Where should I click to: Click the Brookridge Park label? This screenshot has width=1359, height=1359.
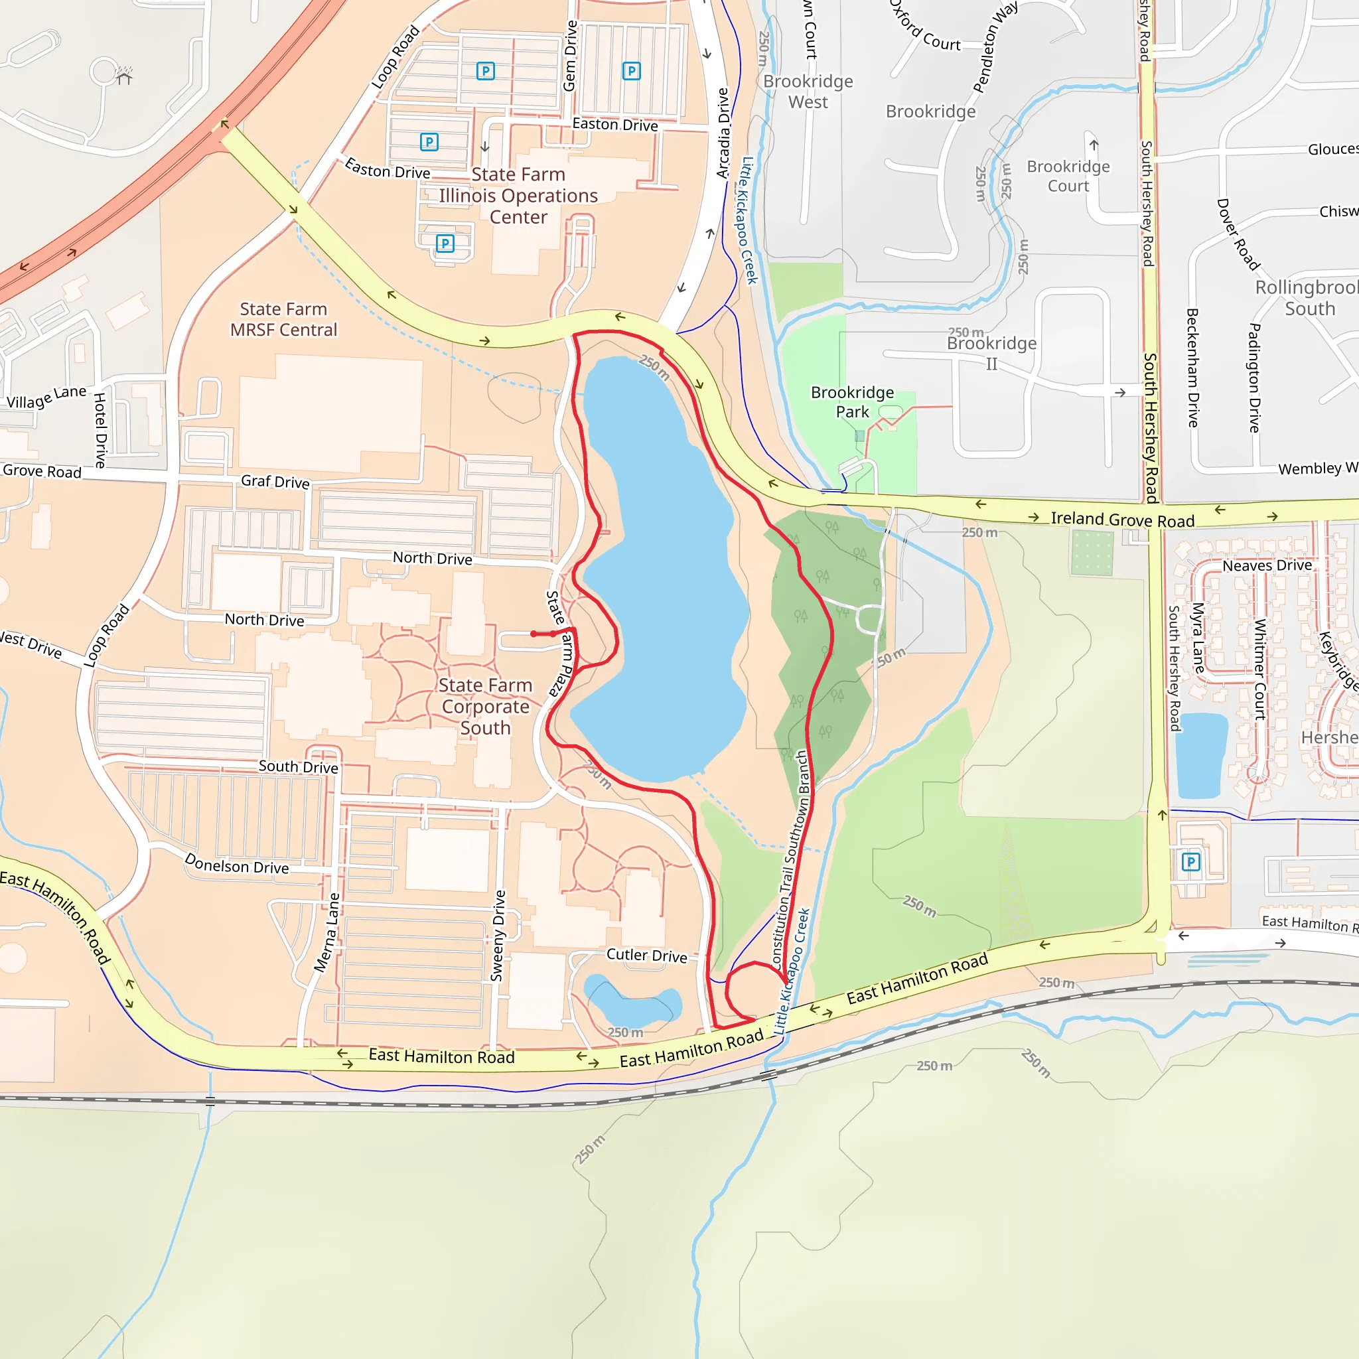click(x=852, y=401)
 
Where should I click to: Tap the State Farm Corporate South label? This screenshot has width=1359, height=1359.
click(x=485, y=706)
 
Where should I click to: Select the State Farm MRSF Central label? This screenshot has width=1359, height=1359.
click(x=283, y=319)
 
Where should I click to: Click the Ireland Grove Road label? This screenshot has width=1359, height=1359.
click(x=1122, y=520)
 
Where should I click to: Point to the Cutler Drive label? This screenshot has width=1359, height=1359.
click(x=646, y=956)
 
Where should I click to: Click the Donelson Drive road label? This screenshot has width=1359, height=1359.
click(x=236, y=864)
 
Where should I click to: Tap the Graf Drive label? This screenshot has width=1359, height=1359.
click(x=275, y=482)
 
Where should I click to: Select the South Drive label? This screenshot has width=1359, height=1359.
click(x=298, y=766)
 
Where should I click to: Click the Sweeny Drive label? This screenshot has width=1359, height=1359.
click(x=498, y=935)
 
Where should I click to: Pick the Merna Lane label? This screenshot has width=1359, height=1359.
click(x=327, y=933)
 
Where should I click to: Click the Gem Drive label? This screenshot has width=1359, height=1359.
click(x=571, y=56)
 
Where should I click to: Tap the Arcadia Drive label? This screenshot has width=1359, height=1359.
click(x=723, y=133)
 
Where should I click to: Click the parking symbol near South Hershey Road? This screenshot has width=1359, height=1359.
click(x=1190, y=862)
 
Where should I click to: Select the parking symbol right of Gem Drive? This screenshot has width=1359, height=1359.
click(x=631, y=71)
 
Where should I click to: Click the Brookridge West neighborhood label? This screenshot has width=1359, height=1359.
click(x=808, y=92)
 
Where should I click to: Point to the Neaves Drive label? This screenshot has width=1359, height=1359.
click(x=1267, y=565)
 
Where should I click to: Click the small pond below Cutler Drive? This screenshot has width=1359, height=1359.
click(x=630, y=1003)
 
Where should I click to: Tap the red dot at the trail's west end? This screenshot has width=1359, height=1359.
click(x=534, y=634)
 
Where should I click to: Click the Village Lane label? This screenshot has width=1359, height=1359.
click(x=46, y=398)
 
